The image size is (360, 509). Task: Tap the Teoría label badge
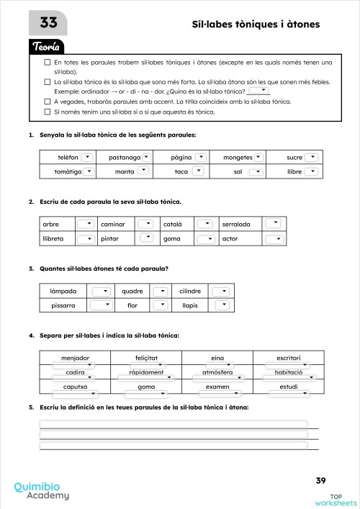tap(48, 47)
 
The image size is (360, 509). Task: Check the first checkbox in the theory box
tap(47, 63)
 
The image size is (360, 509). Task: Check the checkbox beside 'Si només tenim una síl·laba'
tap(47, 112)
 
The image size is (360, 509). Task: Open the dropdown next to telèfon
tap(86, 157)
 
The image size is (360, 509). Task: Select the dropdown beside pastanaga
tap(146, 157)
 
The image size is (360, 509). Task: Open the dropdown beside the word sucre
tap(311, 157)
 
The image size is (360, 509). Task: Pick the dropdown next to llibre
tap(311, 171)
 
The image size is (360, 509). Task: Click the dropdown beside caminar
tap(147, 223)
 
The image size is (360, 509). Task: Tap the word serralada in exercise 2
tap(236, 224)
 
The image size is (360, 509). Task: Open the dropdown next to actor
tap(274, 238)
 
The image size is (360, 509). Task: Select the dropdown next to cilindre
tap(222, 291)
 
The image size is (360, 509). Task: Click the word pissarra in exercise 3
tap(63, 305)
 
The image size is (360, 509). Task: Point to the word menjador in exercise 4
tap(76, 357)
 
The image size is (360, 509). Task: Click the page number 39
tap(321, 480)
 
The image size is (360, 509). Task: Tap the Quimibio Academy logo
tap(42, 491)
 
